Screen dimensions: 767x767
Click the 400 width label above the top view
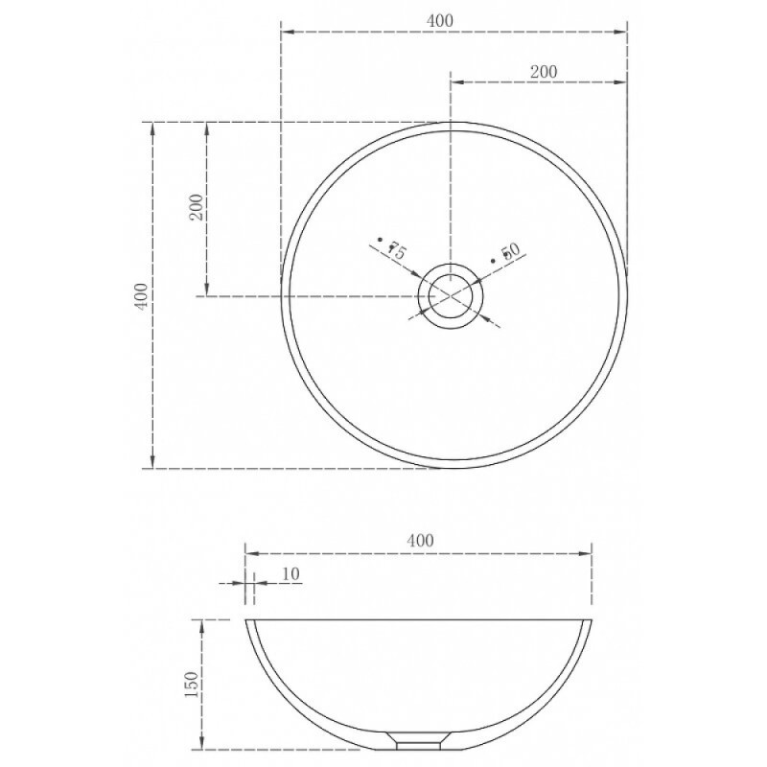click(440, 20)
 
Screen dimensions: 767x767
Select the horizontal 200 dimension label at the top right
click(544, 72)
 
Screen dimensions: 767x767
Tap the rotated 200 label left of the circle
click(197, 207)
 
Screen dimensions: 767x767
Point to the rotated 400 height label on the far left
click(141, 295)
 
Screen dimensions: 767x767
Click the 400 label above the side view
click(420, 540)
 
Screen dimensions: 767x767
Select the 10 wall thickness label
click(291, 573)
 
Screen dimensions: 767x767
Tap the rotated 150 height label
click(193, 684)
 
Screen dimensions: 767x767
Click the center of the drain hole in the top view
click(451, 296)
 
